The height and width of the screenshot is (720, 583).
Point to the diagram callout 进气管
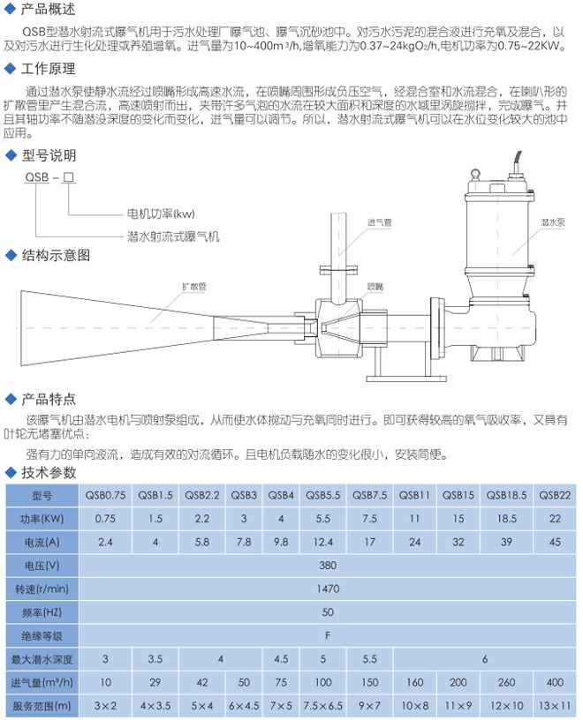tap(378, 221)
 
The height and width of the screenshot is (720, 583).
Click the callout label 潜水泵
tap(552, 224)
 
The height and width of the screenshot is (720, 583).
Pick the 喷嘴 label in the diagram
tap(375, 286)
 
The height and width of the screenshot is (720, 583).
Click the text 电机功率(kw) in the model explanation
tap(160, 214)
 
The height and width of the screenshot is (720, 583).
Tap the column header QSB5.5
tap(324, 496)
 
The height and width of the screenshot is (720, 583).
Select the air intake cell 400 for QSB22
tap(555, 681)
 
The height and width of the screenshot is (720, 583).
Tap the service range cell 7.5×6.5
tap(324, 705)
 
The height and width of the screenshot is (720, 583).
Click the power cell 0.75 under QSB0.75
tap(105, 519)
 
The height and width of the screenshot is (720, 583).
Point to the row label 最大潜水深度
tap(42, 658)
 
